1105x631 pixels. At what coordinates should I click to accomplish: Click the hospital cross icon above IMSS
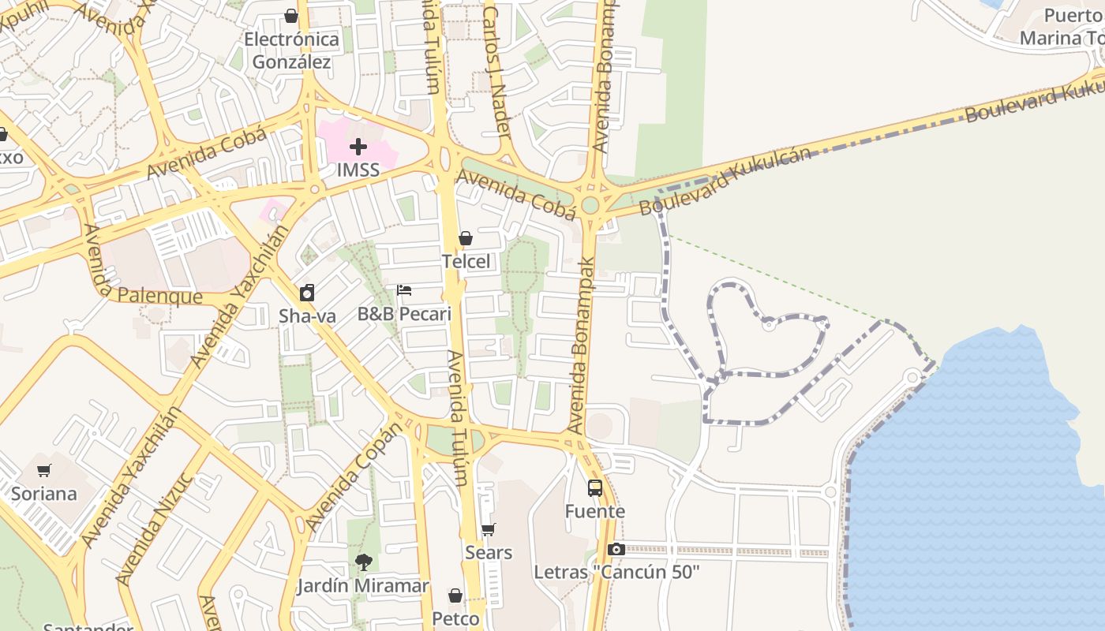coord(358,146)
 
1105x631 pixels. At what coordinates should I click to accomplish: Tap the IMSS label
coord(358,170)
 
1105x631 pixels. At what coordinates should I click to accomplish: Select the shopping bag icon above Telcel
coord(466,238)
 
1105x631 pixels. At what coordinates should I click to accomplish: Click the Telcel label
coord(466,261)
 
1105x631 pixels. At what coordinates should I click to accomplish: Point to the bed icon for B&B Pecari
coord(404,290)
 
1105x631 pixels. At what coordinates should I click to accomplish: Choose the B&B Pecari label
coord(404,314)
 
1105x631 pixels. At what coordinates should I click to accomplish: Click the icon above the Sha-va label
coord(307,293)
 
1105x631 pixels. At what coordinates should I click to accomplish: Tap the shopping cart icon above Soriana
coord(44,471)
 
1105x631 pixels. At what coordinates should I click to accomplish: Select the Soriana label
coord(44,495)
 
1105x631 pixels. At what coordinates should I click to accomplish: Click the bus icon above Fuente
coord(595,488)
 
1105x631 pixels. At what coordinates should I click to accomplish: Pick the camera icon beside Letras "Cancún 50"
coord(616,549)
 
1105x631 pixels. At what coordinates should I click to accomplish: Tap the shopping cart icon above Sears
coord(489,530)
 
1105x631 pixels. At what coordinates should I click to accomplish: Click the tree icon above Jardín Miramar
coord(363,562)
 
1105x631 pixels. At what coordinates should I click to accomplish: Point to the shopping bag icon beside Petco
coord(455,596)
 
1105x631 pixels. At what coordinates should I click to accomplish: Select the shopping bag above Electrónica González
coord(291,16)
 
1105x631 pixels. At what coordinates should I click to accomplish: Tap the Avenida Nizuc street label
coord(155,528)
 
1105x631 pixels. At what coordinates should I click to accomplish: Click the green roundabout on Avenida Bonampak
coord(590,205)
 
